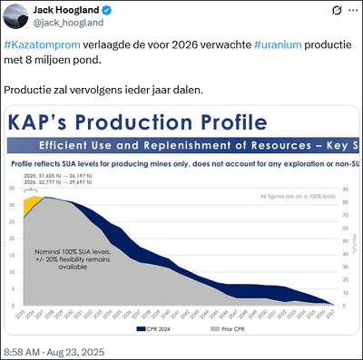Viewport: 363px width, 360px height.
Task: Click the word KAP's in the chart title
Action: [40, 122]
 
